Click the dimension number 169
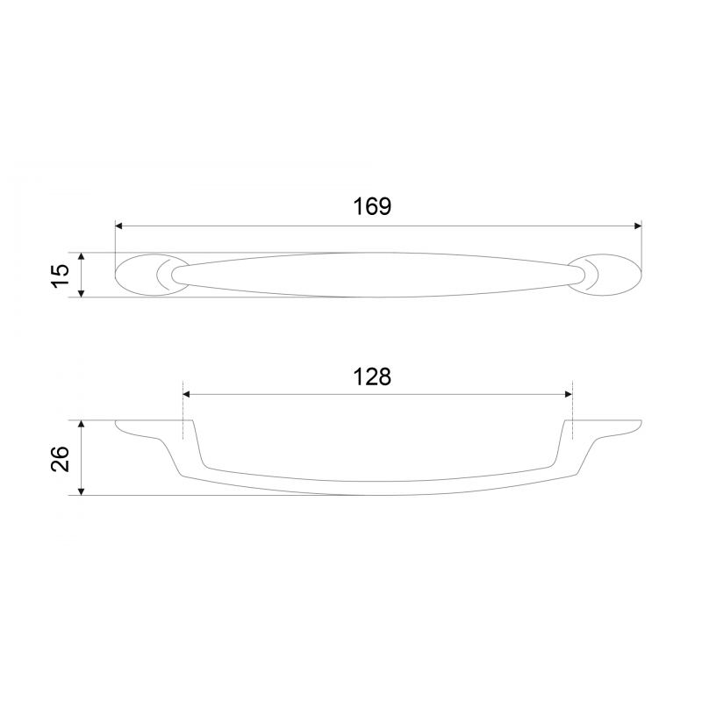tap(372, 206)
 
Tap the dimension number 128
tap(372, 377)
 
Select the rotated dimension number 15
tap(61, 276)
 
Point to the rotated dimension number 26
tap(61, 458)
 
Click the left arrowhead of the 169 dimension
tap(119, 226)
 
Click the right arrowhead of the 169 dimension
tap(638, 226)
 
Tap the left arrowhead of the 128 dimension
tap(187, 394)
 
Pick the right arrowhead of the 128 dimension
tap(569, 394)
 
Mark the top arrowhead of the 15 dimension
tap(81, 256)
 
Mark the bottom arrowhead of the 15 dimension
tap(81, 293)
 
